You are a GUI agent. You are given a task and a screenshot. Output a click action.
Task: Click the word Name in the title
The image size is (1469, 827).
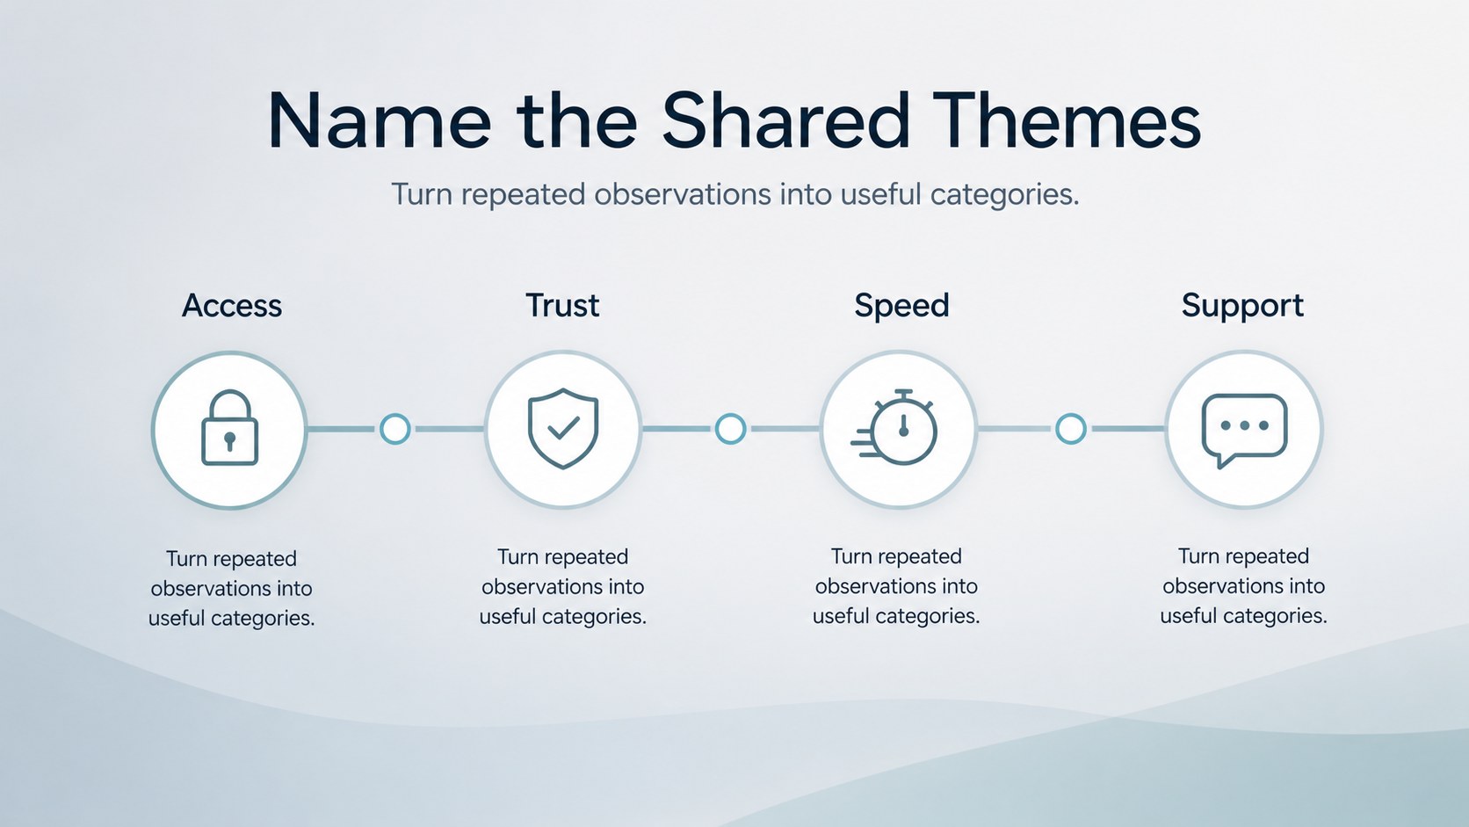coord(380,121)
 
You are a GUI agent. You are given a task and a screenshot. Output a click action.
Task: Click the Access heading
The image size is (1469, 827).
coord(231,306)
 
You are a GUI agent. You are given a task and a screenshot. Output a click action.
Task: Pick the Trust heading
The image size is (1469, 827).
coord(562,306)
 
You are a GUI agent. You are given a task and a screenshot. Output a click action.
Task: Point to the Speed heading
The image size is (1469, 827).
coord(901,306)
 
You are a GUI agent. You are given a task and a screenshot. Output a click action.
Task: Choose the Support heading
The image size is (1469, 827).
coord(1242,306)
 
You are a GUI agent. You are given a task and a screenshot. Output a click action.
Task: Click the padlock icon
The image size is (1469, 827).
coord(229,428)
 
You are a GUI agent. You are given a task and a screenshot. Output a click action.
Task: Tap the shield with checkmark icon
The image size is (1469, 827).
coord(563,428)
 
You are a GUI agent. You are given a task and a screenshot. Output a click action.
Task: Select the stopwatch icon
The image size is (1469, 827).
coord(896,428)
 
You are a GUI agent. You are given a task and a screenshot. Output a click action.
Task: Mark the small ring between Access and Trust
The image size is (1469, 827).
coord(394,429)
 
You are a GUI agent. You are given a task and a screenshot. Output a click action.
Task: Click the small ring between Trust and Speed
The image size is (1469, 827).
coord(730,429)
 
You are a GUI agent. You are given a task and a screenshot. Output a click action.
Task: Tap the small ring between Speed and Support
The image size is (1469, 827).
coord(1070,429)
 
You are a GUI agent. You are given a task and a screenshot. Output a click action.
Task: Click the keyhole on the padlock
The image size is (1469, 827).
coord(229,440)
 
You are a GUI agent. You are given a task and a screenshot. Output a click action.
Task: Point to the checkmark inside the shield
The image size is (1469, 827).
coord(563,428)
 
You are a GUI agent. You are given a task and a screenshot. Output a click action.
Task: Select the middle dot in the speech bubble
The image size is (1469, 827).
coord(1244,425)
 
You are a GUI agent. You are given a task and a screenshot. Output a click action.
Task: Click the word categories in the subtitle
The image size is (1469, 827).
coord(1005,195)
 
